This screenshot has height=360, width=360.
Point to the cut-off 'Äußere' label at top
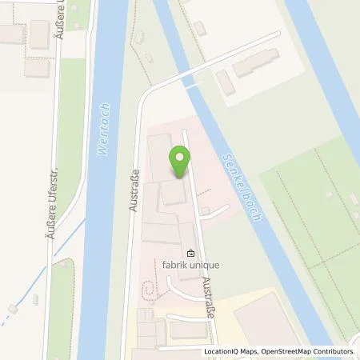[x=59, y=18]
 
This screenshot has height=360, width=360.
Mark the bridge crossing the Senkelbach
[x=192, y=77]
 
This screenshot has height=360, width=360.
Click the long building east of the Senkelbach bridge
[x=257, y=63]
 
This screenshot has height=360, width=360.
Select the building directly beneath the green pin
[x=174, y=193]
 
